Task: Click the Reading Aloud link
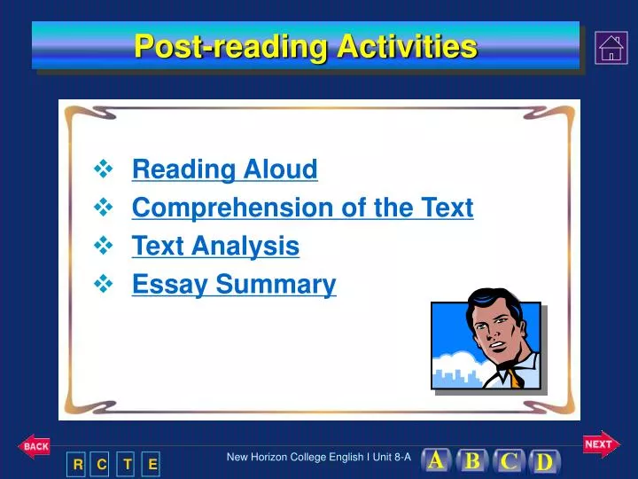[224, 169]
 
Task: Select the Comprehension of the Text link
[302, 208]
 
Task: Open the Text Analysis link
[215, 246]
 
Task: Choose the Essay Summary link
[234, 284]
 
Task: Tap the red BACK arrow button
[35, 447]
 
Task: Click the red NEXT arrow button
[600, 444]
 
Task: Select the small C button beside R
[102, 464]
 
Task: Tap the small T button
[128, 464]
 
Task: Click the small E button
[152, 464]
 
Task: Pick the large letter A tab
[436, 460]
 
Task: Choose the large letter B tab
[472, 461]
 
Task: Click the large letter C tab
[509, 461]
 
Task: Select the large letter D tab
[544, 462]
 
